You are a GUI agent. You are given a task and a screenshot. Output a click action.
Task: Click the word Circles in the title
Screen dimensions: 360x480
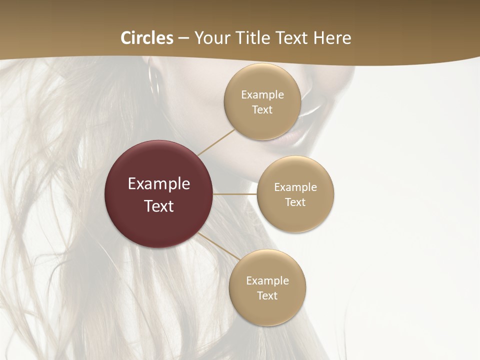pyautogui.click(x=147, y=38)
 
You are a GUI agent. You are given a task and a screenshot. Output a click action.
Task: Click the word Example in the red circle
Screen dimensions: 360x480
pyautogui.click(x=159, y=184)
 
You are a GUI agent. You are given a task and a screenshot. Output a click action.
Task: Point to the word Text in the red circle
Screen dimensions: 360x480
pyautogui.click(x=159, y=206)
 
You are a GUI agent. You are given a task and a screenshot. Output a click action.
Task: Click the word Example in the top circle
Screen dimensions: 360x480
pyautogui.click(x=262, y=95)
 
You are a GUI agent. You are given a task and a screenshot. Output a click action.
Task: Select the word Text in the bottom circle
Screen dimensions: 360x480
pyautogui.click(x=267, y=296)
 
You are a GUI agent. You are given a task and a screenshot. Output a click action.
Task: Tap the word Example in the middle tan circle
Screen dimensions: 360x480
pyautogui.click(x=295, y=187)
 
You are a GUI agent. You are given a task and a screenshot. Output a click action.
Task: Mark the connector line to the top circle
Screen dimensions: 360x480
pyautogui.click(x=216, y=141)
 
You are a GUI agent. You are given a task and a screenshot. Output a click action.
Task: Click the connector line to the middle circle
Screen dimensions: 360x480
pyautogui.click(x=235, y=194)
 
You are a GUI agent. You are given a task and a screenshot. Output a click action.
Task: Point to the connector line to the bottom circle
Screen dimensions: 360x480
pyautogui.click(x=219, y=246)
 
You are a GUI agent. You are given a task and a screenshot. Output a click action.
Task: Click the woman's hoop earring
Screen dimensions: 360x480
pyautogui.click(x=153, y=82)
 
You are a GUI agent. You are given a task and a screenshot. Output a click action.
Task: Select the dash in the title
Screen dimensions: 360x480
pyautogui.click(x=183, y=38)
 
